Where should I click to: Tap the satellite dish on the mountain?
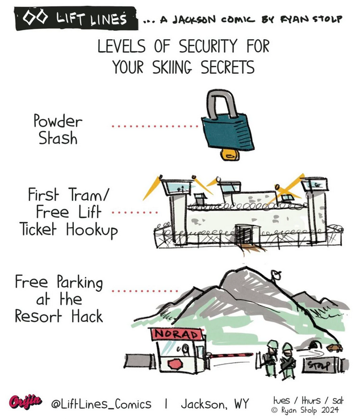(276, 277)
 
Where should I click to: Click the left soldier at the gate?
(271, 358)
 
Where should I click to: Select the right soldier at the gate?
(288, 359)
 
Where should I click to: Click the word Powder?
(57, 120)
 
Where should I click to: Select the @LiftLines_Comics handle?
(102, 404)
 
